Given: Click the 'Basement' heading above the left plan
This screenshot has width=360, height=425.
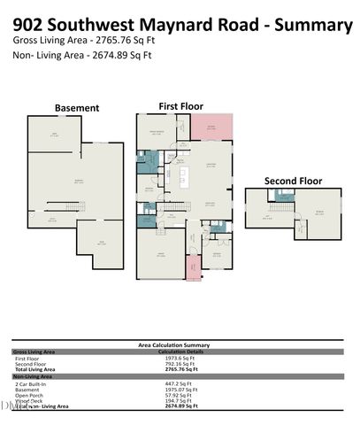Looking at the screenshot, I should pos(77,108).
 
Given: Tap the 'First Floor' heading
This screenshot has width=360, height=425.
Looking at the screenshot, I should pos(180,105).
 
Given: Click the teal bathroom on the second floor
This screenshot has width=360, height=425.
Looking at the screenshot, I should pos(282,198).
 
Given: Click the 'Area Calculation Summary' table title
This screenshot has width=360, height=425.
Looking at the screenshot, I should pos(173,344).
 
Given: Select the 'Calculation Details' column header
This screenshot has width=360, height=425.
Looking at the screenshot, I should pos(178,352).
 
